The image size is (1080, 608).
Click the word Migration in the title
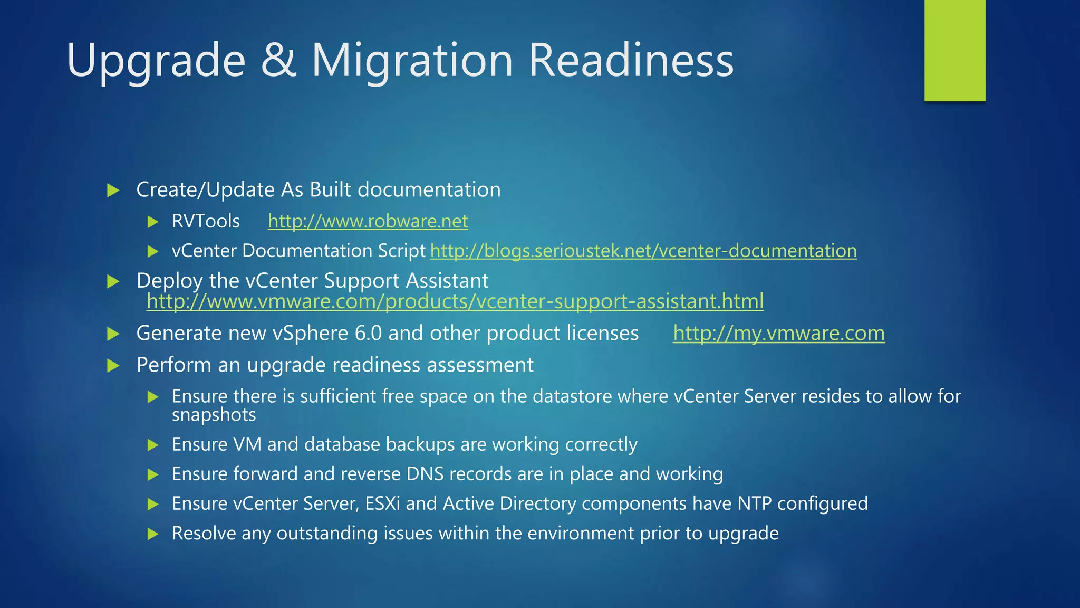pos(412,60)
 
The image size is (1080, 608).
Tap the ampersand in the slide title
pos(278,60)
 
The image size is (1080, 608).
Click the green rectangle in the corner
pos(954,50)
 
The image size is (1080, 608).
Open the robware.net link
pos(368,221)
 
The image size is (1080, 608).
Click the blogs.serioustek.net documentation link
pos(643,251)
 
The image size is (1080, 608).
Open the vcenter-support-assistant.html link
pos(455,301)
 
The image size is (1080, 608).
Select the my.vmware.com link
pos(778,334)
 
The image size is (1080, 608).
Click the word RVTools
pos(206,221)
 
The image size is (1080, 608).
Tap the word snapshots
pos(214,415)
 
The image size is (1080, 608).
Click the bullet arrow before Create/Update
pos(113,190)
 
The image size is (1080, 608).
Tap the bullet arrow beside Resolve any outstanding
pos(153,534)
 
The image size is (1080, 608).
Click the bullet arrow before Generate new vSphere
pos(113,334)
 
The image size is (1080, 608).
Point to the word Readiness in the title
pos(631,60)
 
